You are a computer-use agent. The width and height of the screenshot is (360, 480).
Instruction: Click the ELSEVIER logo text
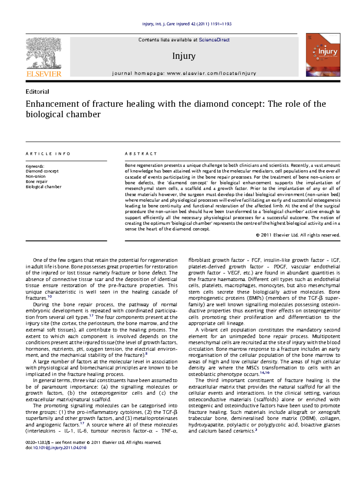pos(44,74)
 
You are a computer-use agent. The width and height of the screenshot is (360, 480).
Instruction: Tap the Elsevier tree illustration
pos(43,53)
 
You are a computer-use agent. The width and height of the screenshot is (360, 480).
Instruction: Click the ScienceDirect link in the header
pos(214,40)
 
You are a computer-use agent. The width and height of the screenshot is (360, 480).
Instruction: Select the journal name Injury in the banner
pos(184,56)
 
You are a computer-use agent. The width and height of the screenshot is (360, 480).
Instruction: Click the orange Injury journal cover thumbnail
pos(323,55)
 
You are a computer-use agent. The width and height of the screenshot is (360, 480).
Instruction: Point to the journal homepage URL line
pos(184,73)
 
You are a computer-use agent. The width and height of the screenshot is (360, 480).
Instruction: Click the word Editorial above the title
pos(37,92)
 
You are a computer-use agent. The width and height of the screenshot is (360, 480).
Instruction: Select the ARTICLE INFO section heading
pos(48,154)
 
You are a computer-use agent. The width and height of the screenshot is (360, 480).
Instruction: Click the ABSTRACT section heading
pos(141,154)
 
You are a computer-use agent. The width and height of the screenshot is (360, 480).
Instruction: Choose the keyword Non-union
pos(35,177)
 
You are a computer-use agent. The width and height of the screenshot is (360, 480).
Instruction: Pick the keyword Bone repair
pos(37,182)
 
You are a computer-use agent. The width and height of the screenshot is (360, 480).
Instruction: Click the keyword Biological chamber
pos(43,187)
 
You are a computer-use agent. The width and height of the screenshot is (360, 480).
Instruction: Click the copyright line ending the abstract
pos(298,235)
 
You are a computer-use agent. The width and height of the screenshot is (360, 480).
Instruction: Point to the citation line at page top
pos(187,24)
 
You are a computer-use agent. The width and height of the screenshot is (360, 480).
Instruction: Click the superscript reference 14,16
pos(265,373)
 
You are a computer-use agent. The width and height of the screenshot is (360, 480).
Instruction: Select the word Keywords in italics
pos(34,166)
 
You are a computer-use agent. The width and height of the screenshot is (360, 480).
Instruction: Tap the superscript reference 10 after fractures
pos(50,297)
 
